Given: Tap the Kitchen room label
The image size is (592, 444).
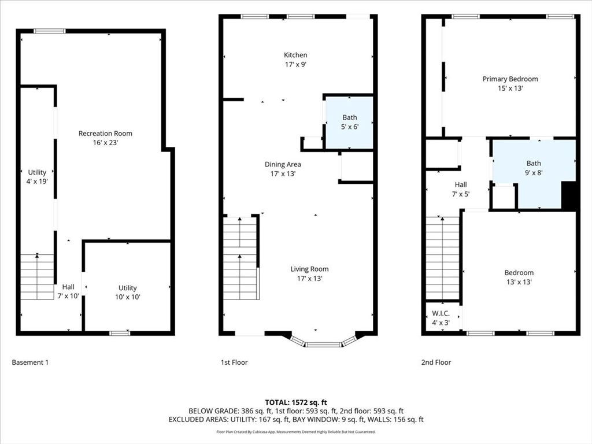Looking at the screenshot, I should click(295, 55).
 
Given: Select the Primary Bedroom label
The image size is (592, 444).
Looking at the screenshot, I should click(510, 79).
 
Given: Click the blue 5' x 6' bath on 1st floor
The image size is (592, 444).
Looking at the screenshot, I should click(350, 122).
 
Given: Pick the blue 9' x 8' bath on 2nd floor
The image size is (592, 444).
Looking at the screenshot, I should click(533, 168).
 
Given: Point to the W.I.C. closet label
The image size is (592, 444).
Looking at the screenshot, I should click(441, 313).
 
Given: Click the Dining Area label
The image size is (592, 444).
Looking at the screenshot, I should click(283, 164).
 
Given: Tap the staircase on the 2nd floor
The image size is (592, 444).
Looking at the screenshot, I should click(442, 257).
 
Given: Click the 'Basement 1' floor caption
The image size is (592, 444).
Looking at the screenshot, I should click(30, 362).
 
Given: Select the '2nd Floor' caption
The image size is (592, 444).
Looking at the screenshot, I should click(436, 362).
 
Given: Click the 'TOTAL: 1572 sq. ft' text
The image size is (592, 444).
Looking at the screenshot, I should click(296, 402).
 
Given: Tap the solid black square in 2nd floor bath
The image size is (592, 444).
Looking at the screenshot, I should click(569, 195).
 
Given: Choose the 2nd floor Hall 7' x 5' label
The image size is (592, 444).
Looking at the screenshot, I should click(461, 190).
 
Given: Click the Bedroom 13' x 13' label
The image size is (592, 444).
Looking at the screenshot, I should click(519, 277).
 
